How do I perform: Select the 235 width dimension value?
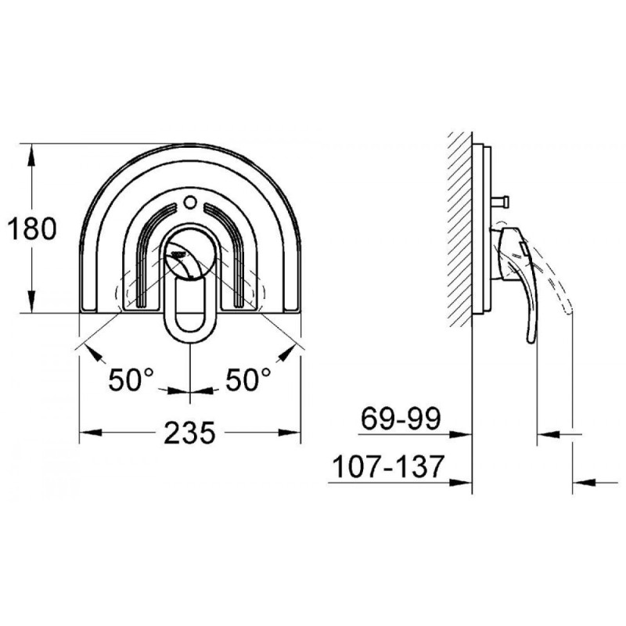coord(190,433)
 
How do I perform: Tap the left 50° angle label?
coord(130,380)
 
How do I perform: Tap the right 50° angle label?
coord(248,380)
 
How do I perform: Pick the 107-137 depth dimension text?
coord(387,467)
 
